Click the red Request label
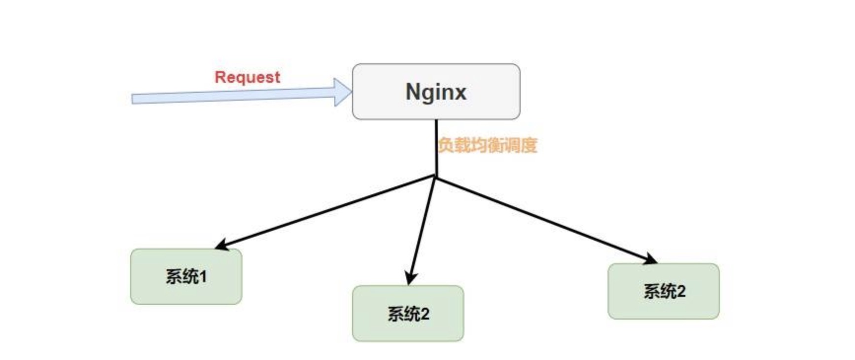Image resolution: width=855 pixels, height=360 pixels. [x=247, y=77]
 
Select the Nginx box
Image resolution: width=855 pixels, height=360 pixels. [x=436, y=92]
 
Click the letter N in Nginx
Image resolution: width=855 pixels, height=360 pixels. [x=413, y=92]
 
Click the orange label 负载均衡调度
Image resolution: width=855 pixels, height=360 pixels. [x=487, y=145]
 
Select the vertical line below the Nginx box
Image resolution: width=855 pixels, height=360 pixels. [x=436, y=148]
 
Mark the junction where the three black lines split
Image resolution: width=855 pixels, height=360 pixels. [x=436, y=177]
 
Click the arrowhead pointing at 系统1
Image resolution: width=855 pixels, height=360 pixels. [x=221, y=245]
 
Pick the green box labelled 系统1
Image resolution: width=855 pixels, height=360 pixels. [x=186, y=277]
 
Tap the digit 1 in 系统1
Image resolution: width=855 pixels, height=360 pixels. [x=203, y=277]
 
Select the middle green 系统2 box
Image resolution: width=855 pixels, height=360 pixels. [x=408, y=314]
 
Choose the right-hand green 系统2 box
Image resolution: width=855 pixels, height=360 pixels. [x=663, y=291]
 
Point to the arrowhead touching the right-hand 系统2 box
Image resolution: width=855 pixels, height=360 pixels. [x=651, y=259]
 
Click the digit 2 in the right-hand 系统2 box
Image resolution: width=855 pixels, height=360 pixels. [x=680, y=291]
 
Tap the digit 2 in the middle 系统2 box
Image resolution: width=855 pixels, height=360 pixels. [x=425, y=314]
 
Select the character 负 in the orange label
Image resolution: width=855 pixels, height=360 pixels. [x=445, y=145]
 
